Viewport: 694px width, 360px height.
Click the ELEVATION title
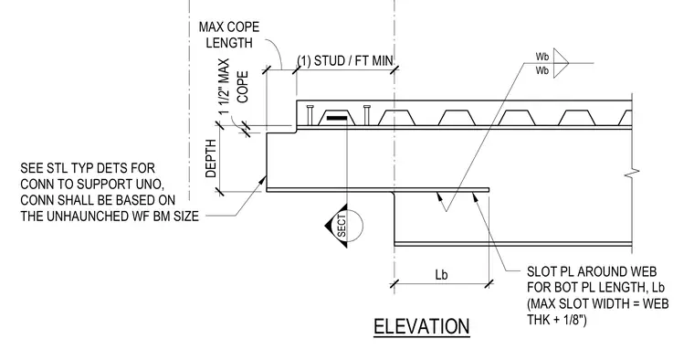(x=421, y=327)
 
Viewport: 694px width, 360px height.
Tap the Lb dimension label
(x=441, y=274)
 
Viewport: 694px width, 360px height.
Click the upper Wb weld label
(x=542, y=57)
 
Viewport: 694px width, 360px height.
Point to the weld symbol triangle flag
(x=561, y=63)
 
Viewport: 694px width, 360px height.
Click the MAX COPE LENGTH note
(x=229, y=35)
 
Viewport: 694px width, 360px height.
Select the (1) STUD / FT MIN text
(x=345, y=60)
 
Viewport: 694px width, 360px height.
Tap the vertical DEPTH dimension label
(x=211, y=158)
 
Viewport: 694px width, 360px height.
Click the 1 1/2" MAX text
(x=225, y=87)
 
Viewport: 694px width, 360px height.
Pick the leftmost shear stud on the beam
(x=310, y=115)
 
